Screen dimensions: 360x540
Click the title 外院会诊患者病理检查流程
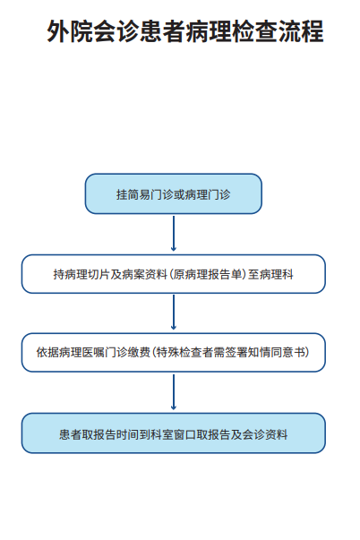click(185, 31)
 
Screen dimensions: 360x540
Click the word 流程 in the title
click(301, 31)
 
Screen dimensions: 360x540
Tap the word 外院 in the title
click(70, 31)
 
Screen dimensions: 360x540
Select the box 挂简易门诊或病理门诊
click(173, 194)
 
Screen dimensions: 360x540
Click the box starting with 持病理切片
click(173, 274)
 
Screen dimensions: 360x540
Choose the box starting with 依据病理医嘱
click(173, 352)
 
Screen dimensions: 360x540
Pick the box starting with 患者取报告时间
click(173, 433)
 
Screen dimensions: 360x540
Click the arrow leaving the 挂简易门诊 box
click(174, 233)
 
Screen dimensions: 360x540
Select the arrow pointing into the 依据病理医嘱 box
click(174, 312)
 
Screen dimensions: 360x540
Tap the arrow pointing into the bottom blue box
click(174, 392)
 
